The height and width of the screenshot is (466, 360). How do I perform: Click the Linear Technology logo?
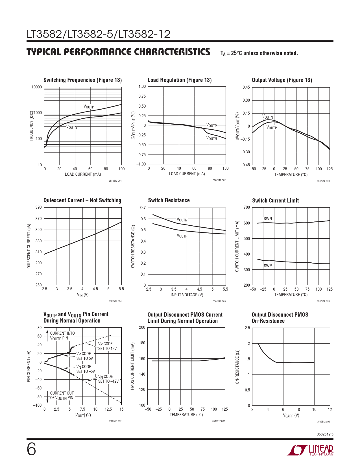click(310, 450)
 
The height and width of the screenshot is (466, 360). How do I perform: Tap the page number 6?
click(31, 449)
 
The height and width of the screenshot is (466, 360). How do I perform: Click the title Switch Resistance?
click(169, 200)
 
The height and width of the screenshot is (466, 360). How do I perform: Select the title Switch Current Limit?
click(275, 201)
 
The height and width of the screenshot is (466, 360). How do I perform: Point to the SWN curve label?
click(268, 218)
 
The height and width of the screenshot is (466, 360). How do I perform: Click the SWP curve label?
click(268, 266)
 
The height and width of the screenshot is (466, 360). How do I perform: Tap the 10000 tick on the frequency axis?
click(36, 87)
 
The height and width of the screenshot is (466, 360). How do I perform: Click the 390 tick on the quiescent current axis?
click(38, 207)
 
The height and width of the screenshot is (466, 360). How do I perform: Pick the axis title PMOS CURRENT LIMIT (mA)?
click(132, 366)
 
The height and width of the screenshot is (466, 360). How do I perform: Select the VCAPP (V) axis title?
click(291, 415)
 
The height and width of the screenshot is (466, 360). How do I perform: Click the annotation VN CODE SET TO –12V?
click(108, 379)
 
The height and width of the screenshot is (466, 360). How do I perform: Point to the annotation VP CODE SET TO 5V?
click(84, 356)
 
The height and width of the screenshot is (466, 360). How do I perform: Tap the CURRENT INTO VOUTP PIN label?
click(62, 336)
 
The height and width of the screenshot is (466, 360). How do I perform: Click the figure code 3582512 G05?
click(219, 301)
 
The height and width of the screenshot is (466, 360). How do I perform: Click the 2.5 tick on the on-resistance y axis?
click(247, 328)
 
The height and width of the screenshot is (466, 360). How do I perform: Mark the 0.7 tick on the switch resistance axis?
click(143, 208)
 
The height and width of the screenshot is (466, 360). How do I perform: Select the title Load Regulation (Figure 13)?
click(180, 80)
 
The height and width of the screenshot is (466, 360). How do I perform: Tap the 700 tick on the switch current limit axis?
click(246, 207)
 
